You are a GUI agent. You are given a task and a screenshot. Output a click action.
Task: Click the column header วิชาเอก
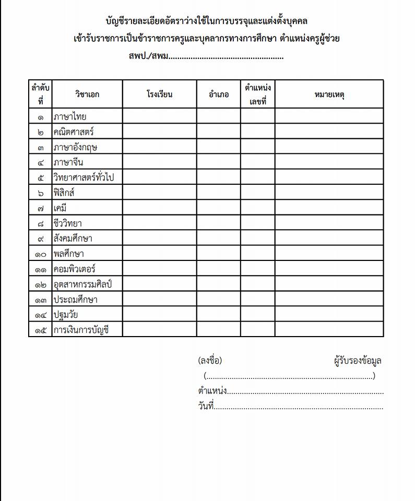click(87, 94)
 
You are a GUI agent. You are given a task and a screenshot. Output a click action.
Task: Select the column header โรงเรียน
click(159, 94)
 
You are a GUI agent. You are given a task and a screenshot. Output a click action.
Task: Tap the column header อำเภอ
click(218, 94)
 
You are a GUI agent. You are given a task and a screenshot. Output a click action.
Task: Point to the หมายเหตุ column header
click(329, 94)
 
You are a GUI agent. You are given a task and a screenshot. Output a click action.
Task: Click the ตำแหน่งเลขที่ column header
click(257, 94)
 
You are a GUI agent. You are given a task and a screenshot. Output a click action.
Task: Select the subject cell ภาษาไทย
click(70, 116)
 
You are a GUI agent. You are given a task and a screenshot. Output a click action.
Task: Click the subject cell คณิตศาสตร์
click(74, 132)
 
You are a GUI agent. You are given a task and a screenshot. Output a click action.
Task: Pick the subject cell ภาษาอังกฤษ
click(75, 147)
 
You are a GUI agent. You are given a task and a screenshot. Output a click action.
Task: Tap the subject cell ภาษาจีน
click(68, 162)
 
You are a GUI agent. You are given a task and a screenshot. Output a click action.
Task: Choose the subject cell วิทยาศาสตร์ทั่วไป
click(84, 177)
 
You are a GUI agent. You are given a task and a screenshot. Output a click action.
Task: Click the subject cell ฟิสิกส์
click(64, 193)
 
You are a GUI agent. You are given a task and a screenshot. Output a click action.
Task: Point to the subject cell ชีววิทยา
click(68, 223)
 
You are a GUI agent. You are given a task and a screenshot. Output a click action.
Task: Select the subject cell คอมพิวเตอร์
click(74, 269)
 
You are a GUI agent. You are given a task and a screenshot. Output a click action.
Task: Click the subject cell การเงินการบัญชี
click(81, 330)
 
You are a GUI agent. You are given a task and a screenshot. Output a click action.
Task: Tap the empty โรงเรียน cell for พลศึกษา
click(159, 254)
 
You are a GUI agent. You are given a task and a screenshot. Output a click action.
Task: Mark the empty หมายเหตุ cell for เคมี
click(329, 208)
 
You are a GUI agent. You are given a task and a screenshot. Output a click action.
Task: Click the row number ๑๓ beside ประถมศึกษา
click(41, 300)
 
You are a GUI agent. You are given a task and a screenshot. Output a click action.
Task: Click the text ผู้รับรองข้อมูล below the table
click(358, 361)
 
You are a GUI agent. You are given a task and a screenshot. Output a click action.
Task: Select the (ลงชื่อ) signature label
click(210, 361)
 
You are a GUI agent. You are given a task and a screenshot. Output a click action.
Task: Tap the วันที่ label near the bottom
click(206, 407)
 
